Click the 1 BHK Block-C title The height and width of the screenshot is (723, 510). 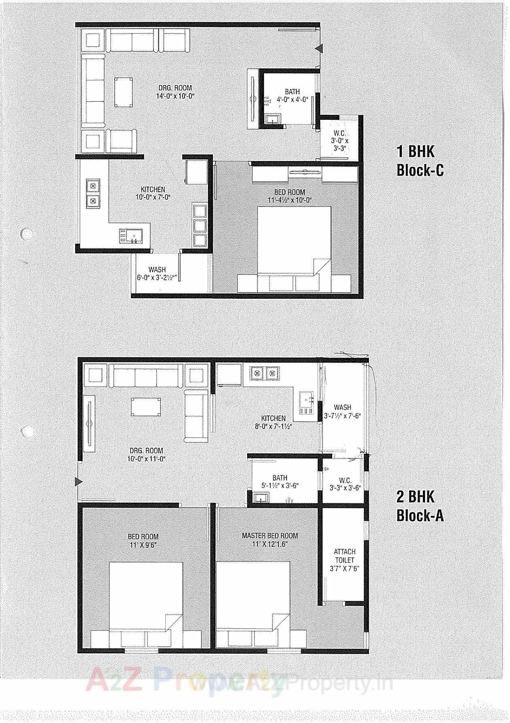tap(420, 161)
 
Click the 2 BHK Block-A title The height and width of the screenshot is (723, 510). tap(420, 506)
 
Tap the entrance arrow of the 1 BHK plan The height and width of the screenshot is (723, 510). tap(319, 49)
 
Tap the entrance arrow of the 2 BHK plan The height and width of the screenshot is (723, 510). tap(79, 482)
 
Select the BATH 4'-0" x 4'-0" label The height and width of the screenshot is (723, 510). tap(292, 96)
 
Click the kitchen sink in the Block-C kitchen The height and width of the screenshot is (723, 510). tap(130, 236)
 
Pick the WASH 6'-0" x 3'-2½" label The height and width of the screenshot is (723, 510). tap(157, 274)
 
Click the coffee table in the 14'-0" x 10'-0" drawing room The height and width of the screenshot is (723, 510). tap(123, 92)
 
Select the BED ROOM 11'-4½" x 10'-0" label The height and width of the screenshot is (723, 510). tap(289, 196)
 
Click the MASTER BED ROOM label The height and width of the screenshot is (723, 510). tap(270, 540)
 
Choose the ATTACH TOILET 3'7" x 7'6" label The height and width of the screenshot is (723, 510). tap(344, 560)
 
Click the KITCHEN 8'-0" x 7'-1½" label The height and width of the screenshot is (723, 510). tap(273, 422)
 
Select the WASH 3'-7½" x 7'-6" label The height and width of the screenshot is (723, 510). tap(342, 411)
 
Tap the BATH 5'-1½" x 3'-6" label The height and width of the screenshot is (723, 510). tap(280, 482)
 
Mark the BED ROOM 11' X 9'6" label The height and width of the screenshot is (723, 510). tap(143, 541)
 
